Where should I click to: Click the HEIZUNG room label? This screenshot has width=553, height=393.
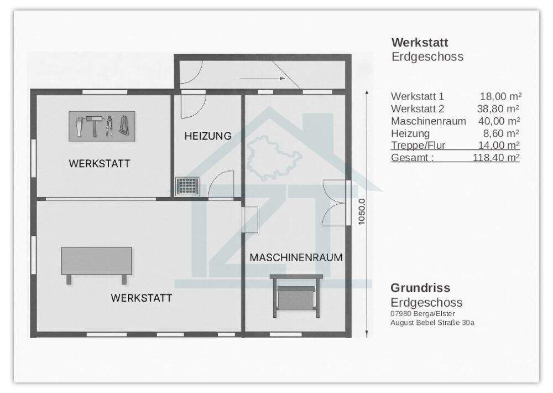click(x=207, y=136)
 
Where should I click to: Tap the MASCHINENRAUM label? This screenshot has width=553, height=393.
click(x=296, y=257)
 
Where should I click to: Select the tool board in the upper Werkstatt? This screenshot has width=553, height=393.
click(x=103, y=126)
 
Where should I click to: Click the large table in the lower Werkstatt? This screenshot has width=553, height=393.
click(x=96, y=261)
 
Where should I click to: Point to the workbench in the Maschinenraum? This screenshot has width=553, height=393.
click(x=296, y=293)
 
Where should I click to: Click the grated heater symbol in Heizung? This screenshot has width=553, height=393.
click(x=187, y=185)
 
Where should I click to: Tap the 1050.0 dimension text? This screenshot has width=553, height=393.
click(x=362, y=211)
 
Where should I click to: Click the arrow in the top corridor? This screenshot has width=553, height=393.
click(x=275, y=79)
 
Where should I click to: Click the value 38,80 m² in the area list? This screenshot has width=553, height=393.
click(x=498, y=109)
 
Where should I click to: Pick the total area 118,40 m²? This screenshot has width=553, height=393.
click(x=495, y=158)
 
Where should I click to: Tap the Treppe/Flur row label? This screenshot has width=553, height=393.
click(x=418, y=146)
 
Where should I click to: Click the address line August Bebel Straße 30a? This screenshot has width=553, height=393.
click(x=432, y=322)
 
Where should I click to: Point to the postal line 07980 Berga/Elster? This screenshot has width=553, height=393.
click(x=422, y=313)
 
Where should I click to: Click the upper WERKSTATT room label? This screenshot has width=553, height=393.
click(x=99, y=164)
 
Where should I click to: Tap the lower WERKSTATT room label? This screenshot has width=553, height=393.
click(x=141, y=298)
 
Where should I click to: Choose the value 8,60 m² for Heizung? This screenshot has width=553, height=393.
click(x=500, y=133)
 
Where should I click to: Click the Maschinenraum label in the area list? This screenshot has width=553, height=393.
click(x=428, y=121)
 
